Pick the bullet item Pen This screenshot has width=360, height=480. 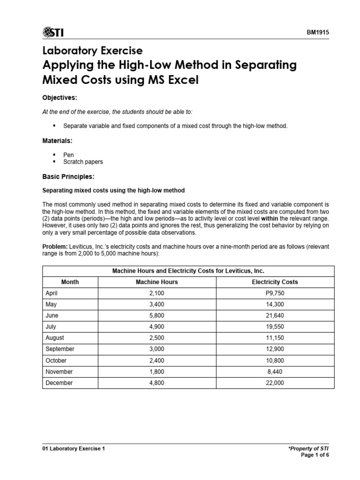(x=68, y=155)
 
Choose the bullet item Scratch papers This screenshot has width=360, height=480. (x=83, y=162)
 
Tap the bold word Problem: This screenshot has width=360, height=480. (x=55, y=247)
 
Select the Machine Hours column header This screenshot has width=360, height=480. (x=157, y=282)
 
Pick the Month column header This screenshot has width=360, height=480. (x=70, y=282)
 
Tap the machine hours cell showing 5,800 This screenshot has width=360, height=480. (x=157, y=315)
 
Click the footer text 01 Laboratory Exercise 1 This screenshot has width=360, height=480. (x=74, y=449)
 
